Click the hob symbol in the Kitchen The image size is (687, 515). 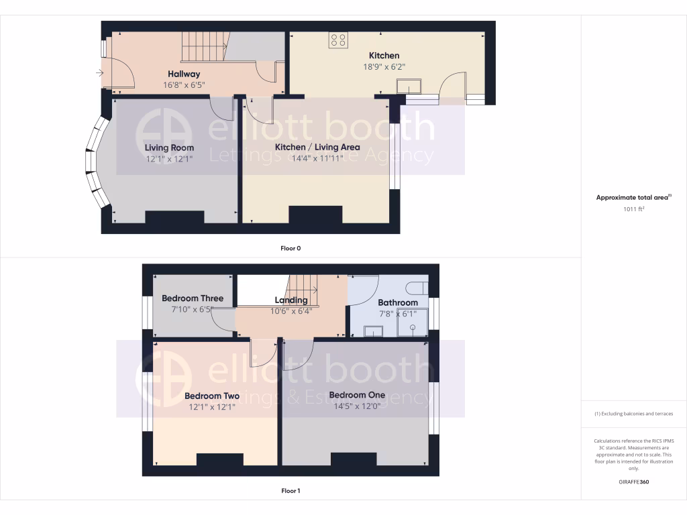pos(337,40)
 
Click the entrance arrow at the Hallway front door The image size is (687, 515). pos(100,72)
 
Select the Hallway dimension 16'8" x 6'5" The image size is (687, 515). pos(183,85)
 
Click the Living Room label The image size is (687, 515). pos(169,148)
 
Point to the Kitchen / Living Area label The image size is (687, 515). pos(317,147)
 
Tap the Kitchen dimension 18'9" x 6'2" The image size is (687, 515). pos(384,66)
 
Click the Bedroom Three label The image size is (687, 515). pos(193,298)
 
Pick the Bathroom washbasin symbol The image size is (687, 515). pos(373,331)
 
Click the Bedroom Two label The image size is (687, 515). pos(212,396)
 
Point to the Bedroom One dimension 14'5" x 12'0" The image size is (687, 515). pos(357,406)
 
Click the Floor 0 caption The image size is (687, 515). pos(290,248)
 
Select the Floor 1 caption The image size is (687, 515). pos(290,491)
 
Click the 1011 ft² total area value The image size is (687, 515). pos(634,209)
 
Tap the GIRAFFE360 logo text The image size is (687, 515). pos(634,481)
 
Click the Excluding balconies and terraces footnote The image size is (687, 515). pos(634,414)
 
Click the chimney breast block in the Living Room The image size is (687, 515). pos(174,219)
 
